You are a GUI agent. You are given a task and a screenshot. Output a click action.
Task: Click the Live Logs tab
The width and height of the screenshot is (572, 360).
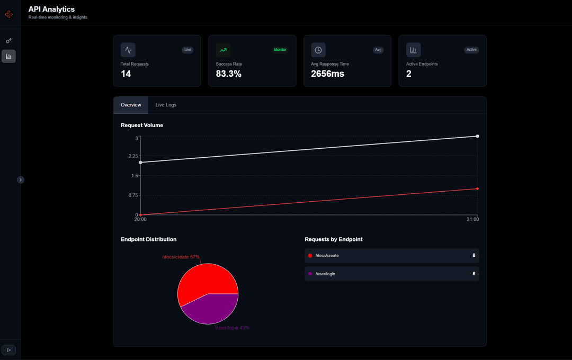166,105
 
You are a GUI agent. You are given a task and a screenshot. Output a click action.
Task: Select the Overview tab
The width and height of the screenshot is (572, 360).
131,105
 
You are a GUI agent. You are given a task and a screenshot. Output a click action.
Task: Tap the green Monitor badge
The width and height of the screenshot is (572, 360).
280,50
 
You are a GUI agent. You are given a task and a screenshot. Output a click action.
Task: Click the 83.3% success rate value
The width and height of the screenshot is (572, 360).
229,74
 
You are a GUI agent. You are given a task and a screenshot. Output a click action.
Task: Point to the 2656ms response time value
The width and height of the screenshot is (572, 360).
327,74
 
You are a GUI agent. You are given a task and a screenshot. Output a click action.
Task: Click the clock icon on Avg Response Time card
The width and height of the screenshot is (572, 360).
318,50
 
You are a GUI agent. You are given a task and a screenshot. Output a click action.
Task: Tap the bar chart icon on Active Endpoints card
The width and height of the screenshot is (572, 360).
414,50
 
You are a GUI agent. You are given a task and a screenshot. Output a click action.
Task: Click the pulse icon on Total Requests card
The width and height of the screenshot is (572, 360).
128,50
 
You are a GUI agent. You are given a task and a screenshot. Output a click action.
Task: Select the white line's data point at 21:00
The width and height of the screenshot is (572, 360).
477,136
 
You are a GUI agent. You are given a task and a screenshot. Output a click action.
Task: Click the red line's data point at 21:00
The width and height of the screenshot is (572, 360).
477,188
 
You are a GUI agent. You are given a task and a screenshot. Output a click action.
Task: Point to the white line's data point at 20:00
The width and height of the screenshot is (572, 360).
140,163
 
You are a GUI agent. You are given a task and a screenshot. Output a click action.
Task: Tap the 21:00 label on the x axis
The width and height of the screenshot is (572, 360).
472,219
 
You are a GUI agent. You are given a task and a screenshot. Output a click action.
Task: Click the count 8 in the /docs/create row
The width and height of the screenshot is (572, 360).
474,255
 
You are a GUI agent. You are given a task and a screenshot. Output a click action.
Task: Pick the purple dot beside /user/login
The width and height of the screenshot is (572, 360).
310,274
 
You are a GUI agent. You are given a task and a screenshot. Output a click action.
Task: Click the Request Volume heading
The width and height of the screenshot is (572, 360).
142,125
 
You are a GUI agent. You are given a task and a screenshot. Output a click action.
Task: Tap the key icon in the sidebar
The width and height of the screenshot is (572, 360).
8,41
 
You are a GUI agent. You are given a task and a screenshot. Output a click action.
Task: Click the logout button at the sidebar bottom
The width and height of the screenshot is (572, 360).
8,350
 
